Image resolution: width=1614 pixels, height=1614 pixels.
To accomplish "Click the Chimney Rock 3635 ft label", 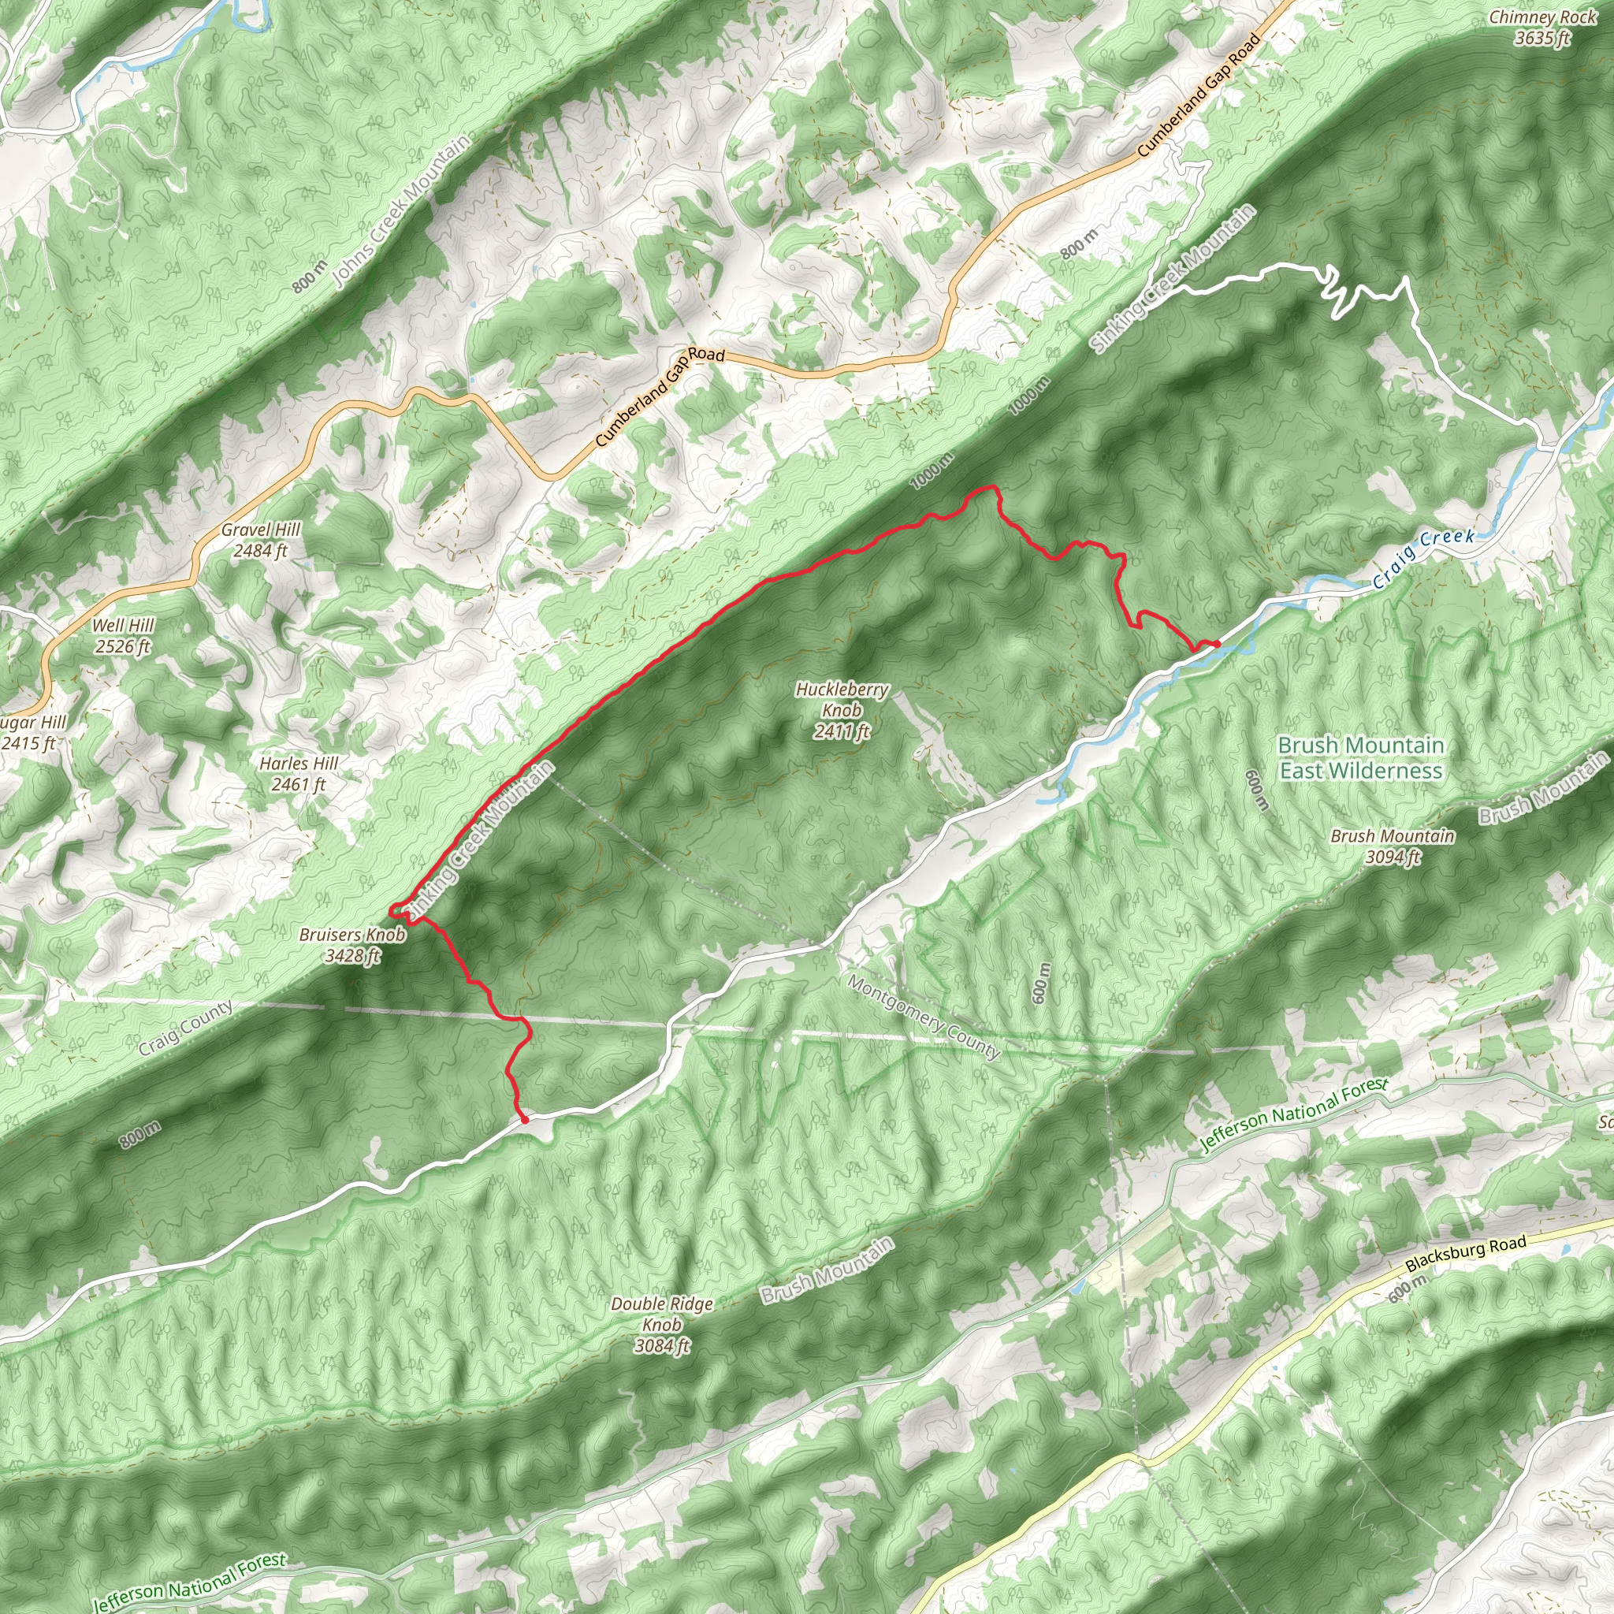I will click(x=1542, y=28).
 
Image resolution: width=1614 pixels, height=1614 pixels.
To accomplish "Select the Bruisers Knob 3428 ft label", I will click(x=351, y=945).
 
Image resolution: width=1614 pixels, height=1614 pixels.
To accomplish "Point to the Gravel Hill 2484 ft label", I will click(x=261, y=540).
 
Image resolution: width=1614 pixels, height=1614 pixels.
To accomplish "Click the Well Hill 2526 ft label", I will click(x=123, y=636).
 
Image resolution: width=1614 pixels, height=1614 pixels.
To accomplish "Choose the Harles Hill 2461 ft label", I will click(x=298, y=774).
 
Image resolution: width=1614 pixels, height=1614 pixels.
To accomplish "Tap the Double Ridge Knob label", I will click(x=662, y=1324).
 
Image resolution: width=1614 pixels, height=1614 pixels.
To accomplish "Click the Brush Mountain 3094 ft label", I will click(x=1393, y=846).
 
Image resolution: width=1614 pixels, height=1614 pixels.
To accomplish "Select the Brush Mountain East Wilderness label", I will click(x=1361, y=757).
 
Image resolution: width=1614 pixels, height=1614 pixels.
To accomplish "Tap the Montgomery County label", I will click(x=923, y=1017).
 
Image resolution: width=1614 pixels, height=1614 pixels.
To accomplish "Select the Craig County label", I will click(x=185, y=1028).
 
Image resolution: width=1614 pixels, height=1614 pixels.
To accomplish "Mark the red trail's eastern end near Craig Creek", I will click(x=1217, y=642).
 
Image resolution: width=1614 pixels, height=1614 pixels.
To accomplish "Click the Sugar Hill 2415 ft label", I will click(x=32, y=733).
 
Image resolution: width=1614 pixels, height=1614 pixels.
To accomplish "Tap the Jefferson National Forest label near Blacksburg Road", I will click(x=1293, y=1115).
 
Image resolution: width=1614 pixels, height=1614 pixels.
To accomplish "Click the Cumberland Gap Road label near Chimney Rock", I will click(x=1199, y=95).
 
